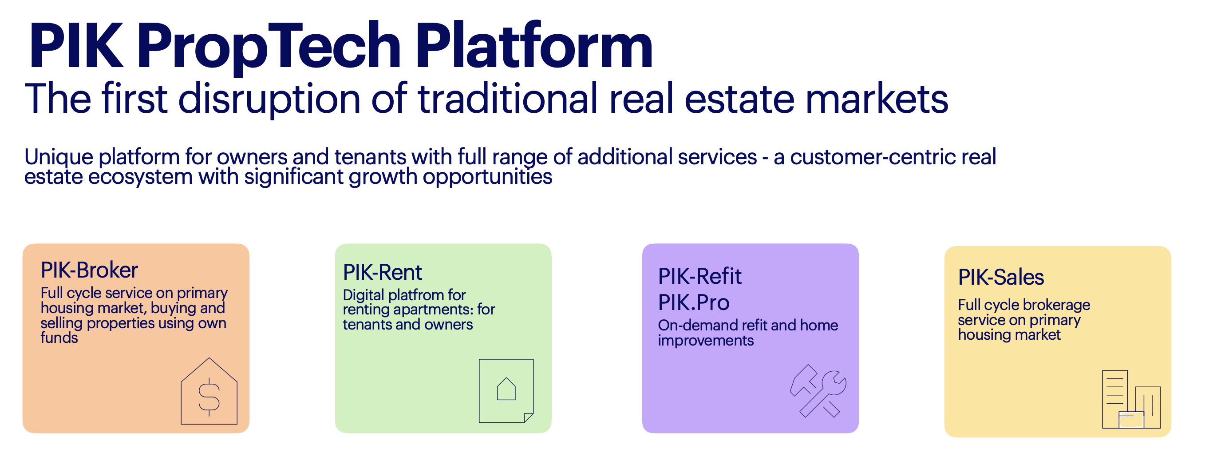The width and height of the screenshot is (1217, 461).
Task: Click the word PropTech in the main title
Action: [x=269, y=47]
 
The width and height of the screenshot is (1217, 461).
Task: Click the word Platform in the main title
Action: [x=534, y=45]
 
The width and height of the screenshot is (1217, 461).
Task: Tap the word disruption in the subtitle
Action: [x=269, y=99]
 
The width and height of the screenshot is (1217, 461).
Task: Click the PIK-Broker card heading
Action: [x=89, y=270]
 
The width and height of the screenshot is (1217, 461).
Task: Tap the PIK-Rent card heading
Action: [x=382, y=272]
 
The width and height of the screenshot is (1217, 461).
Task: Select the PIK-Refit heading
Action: [x=699, y=276]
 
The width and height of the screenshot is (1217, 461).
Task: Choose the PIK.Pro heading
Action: [x=694, y=302]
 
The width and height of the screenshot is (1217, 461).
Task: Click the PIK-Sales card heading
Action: [x=1000, y=277]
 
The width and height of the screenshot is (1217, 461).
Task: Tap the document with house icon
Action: [x=506, y=390]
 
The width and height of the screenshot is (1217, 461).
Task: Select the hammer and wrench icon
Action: [x=818, y=391]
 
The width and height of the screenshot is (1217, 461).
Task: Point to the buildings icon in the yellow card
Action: [x=1131, y=400]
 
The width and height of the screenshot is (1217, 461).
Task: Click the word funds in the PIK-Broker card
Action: [x=59, y=338]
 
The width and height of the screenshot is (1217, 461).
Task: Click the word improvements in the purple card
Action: [x=706, y=341]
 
